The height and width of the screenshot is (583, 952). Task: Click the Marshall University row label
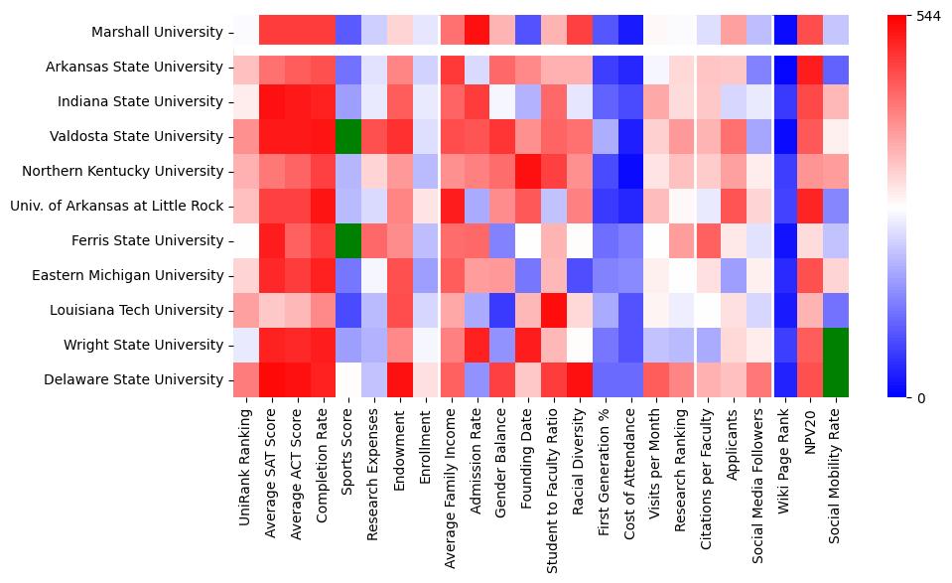157,32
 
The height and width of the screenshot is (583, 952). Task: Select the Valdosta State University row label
135,136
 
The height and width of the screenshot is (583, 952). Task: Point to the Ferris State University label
147,240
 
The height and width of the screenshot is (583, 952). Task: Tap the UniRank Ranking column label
244,460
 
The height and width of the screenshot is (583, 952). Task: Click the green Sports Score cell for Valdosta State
347,136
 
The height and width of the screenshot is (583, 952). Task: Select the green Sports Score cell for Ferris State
347,240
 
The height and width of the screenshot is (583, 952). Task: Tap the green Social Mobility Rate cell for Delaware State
837,379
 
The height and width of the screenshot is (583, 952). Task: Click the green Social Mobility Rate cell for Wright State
837,345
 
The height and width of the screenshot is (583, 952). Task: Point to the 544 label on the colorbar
927,16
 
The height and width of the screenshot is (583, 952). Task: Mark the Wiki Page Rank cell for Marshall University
784,32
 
